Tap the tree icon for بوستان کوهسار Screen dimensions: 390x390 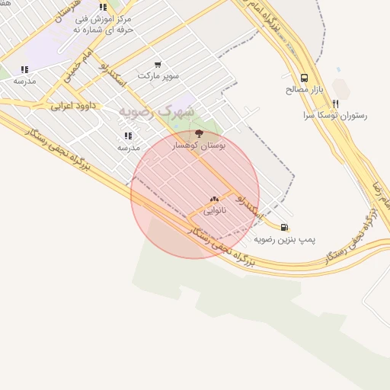pyautogui.click(x=200, y=133)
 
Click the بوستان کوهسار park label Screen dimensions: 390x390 pyautogui.click(x=200, y=145)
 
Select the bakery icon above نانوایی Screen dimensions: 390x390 pyautogui.click(x=214, y=199)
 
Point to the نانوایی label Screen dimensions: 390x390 pyautogui.click(x=214, y=209)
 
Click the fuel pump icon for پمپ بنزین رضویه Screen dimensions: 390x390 pyautogui.click(x=284, y=227)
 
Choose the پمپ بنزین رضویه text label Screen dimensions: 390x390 pyautogui.click(x=284, y=239)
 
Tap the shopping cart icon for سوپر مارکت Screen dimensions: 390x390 pyautogui.click(x=158, y=65)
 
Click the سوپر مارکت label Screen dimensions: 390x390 pyautogui.click(x=158, y=76)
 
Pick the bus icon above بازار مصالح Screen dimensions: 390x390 pyautogui.click(x=305, y=78)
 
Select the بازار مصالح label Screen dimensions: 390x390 pyautogui.click(x=305, y=89)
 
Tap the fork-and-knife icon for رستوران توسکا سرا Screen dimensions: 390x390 pyautogui.click(x=335, y=104)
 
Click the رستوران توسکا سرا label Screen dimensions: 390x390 pyautogui.click(x=335, y=116)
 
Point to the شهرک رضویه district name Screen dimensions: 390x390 pyautogui.click(x=156, y=111)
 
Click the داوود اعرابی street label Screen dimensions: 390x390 pyautogui.click(x=73, y=105)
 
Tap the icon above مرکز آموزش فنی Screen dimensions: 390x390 pyautogui.click(x=103, y=7)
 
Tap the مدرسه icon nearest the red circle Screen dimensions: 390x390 pyautogui.click(x=128, y=136)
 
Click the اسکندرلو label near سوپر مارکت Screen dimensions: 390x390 pyautogui.click(x=113, y=79)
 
